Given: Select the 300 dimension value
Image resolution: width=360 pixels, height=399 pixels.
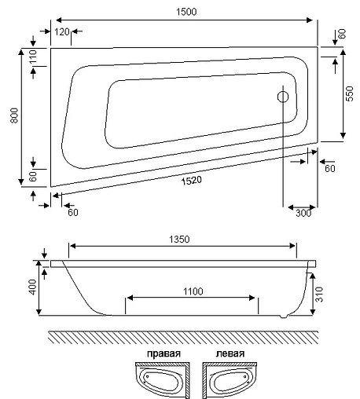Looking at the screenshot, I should coord(303,213).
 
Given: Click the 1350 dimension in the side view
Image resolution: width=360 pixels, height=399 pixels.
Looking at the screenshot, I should coord(181,240).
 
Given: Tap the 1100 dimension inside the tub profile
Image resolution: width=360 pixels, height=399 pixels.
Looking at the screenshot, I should coord(191,291).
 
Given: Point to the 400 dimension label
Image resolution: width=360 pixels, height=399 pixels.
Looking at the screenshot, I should coord(32,287).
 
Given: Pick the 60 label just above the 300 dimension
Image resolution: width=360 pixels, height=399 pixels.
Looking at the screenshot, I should coord(329,168).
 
